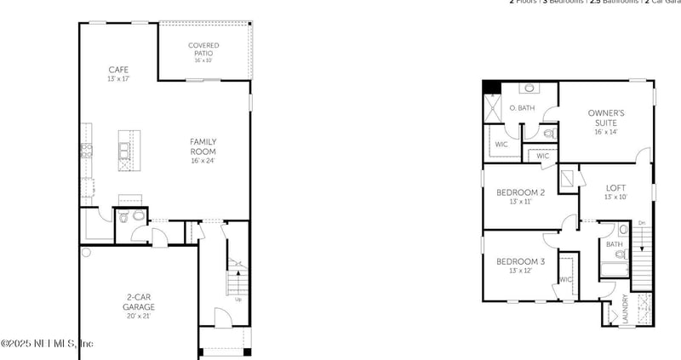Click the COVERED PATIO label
[x=203, y=49]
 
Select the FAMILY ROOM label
[x=203, y=146]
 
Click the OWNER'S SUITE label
[x=606, y=117]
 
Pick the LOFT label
[x=615, y=188]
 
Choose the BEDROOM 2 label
[x=520, y=193]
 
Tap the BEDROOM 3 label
[x=520, y=261]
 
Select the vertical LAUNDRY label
[x=625, y=308]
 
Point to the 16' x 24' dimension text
[x=203, y=161]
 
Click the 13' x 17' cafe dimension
[x=118, y=79]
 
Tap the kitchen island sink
[x=125, y=151]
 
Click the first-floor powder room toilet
[x=125, y=217]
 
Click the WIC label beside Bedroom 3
[x=565, y=279]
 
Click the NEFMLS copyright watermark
[x=47, y=343]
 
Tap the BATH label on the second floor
[x=614, y=244]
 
